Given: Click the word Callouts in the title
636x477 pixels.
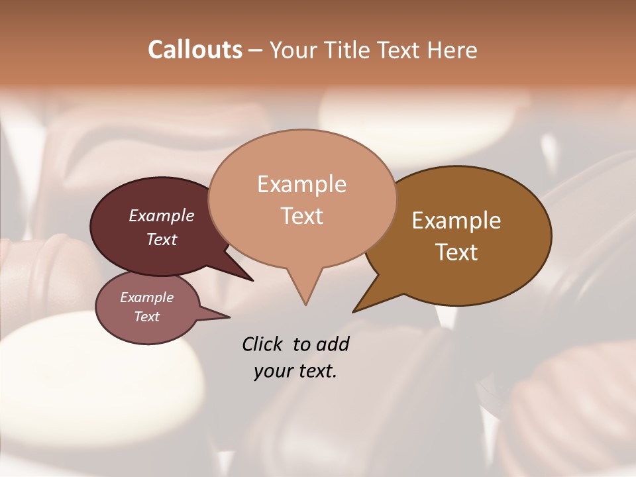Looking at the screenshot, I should point(195,50).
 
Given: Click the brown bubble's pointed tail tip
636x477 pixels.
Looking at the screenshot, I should point(354,311).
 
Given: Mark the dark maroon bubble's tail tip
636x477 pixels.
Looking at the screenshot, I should point(252,280).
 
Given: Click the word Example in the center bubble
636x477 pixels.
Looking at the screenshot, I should point(301,184).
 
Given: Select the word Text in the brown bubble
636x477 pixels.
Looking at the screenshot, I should point(456,252).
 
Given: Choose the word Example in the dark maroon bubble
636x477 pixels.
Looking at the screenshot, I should point(161,216).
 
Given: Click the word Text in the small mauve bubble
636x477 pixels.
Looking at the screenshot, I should point(147,317).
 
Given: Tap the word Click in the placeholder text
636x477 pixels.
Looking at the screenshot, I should point(263,344).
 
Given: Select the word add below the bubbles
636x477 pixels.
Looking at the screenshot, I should point(333,344).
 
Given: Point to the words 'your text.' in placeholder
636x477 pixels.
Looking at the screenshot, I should point(295,371).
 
